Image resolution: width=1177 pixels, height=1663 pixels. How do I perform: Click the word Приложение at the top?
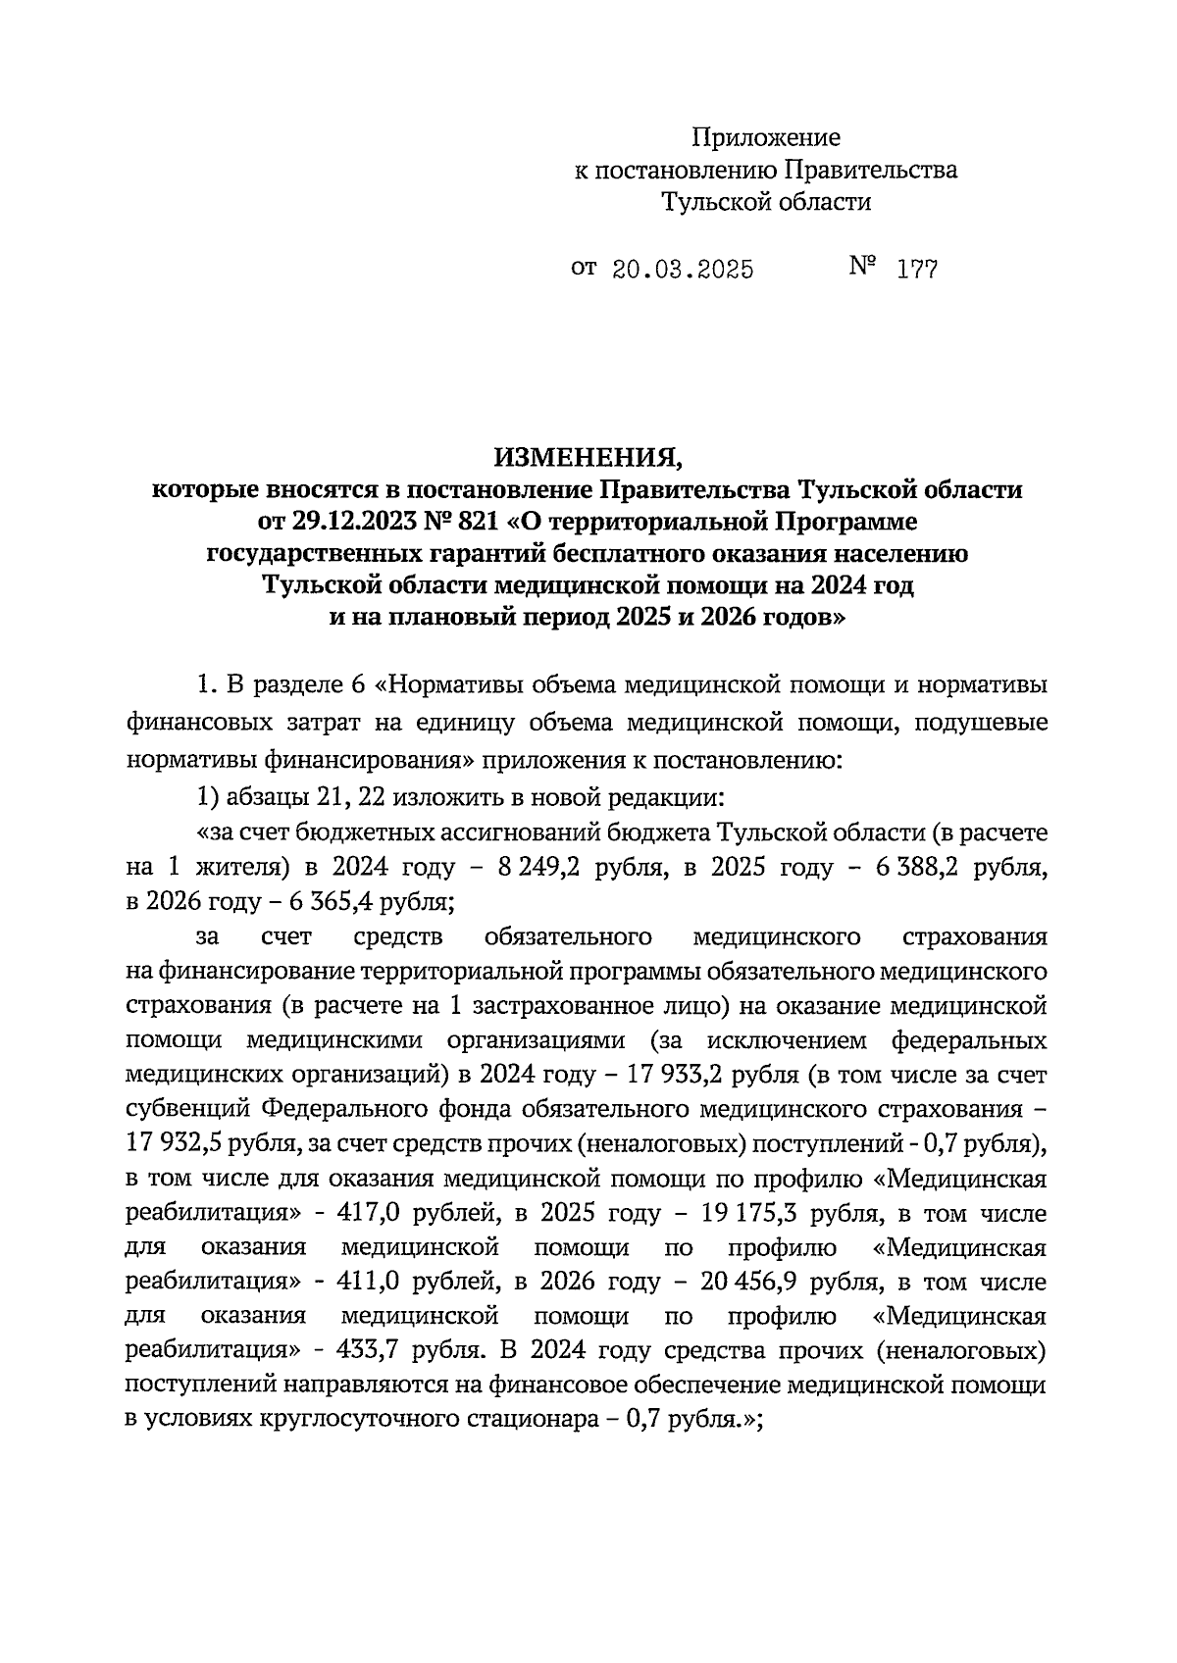click(765, 137)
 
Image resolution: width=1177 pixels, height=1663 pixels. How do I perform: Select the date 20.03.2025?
click(683, 270)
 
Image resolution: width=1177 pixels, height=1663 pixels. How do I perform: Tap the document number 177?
click(917, 270)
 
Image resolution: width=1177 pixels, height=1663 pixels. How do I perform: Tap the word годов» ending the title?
click(801, 619)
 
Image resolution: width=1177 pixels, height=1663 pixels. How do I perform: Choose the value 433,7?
click(367, 1352)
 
